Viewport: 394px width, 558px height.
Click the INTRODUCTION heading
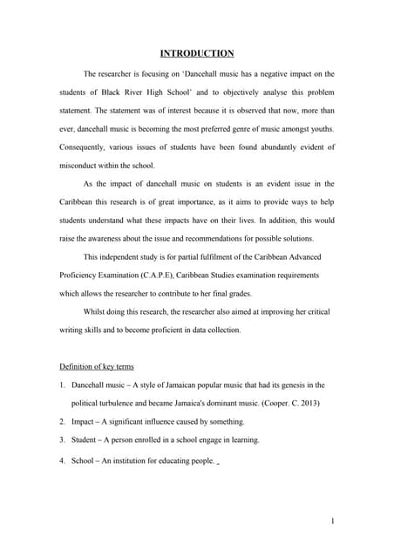tap(196, 53)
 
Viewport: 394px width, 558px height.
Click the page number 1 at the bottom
tap(334, 521)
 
